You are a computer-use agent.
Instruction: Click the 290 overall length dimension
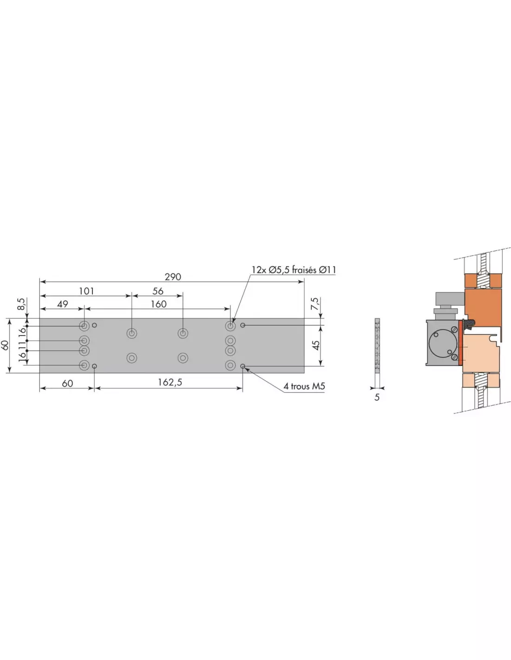173,277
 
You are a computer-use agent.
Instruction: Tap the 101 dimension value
86,291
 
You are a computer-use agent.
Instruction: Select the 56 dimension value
158,291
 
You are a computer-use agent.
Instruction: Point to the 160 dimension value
159,304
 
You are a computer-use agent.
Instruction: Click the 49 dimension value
63,304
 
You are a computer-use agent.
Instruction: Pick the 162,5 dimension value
170,382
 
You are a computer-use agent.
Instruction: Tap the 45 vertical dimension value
316,345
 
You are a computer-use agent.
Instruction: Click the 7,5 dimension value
315,304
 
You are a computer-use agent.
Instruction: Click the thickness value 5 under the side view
377,397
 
